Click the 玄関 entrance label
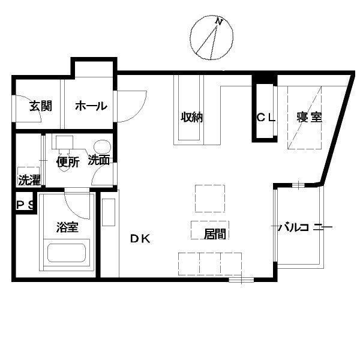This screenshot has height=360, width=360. click(41, 106)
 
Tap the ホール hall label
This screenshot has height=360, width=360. click(91, 106)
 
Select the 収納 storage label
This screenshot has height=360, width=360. click(192, 117)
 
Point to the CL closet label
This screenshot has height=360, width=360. click(266, 118)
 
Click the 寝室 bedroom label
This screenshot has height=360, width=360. click(309, 117)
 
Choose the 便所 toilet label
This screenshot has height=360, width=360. click(68, 162)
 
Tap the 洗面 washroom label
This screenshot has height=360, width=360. click(99, 160)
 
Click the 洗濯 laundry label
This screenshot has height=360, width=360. click(29, 180)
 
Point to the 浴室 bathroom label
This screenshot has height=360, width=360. click(67, 227)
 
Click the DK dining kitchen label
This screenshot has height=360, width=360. click(140, 239)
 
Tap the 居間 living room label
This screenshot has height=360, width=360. click(215, 234)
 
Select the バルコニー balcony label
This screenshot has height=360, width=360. click(305, 227)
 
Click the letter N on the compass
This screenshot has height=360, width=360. click(219, 22)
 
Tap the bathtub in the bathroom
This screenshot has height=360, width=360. click(67, 253)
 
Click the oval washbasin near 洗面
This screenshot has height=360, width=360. click(102, 146)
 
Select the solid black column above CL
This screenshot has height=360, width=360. click(265, 79)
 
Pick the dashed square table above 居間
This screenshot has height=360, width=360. click(210, 199)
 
